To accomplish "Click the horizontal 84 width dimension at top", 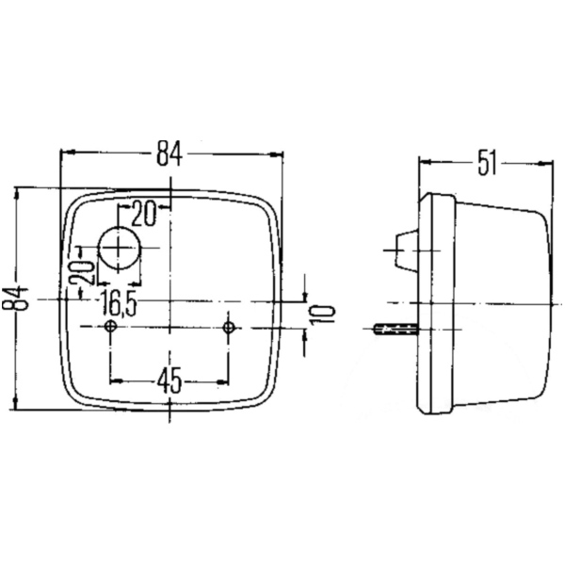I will click(x=169, y=152).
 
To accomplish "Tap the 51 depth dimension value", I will click(x=486, y=163).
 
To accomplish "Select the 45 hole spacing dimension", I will click(x=169, y=381).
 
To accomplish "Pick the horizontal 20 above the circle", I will click(x=143, y=214).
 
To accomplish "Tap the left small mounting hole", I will click(x=112, y=327).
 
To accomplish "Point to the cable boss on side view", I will click(x=405, y=250).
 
